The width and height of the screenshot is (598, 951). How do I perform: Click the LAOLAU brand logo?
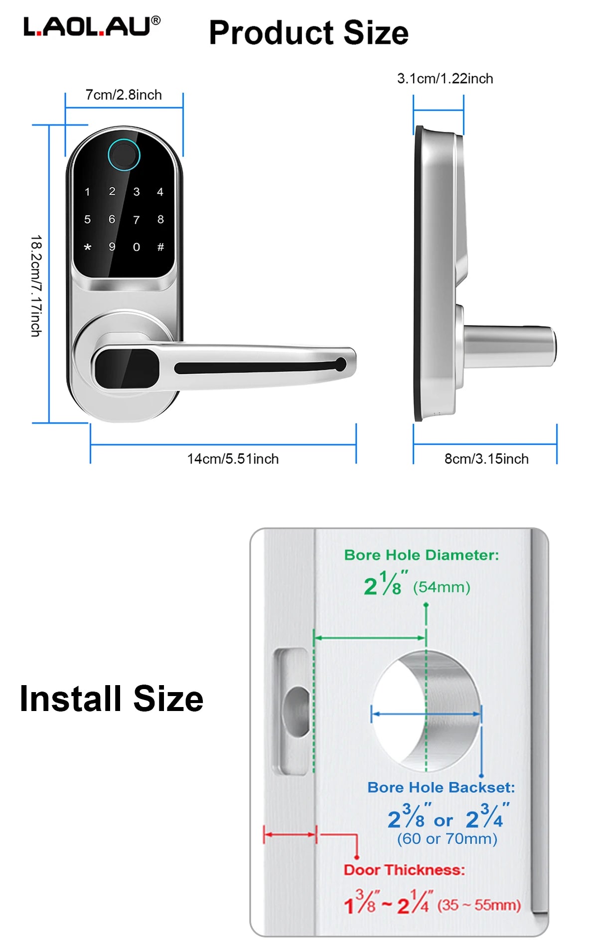coord(92,26)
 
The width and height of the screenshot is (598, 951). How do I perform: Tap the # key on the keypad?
coord(160,247)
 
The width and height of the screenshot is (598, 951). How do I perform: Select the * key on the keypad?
coord(88,247)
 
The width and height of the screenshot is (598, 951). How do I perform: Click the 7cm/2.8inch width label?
coord(124,95)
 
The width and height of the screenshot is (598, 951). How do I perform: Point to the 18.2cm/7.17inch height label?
coord(36,286)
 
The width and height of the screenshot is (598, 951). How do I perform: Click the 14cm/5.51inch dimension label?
coord(233,459)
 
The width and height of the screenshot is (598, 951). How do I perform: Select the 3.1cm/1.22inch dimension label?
coord(445,79)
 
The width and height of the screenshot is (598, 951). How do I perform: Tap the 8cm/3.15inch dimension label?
coord(486,459)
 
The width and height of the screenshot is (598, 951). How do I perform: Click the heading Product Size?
coord(309,33)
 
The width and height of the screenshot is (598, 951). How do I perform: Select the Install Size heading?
coord(112,699)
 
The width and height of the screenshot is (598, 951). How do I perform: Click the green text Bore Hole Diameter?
coord(422,555)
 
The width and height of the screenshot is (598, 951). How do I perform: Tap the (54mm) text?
coord(442,588)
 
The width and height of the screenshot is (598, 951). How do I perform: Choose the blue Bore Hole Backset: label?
coord(441,787)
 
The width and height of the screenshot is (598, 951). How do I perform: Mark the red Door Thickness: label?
coord(404,870)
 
